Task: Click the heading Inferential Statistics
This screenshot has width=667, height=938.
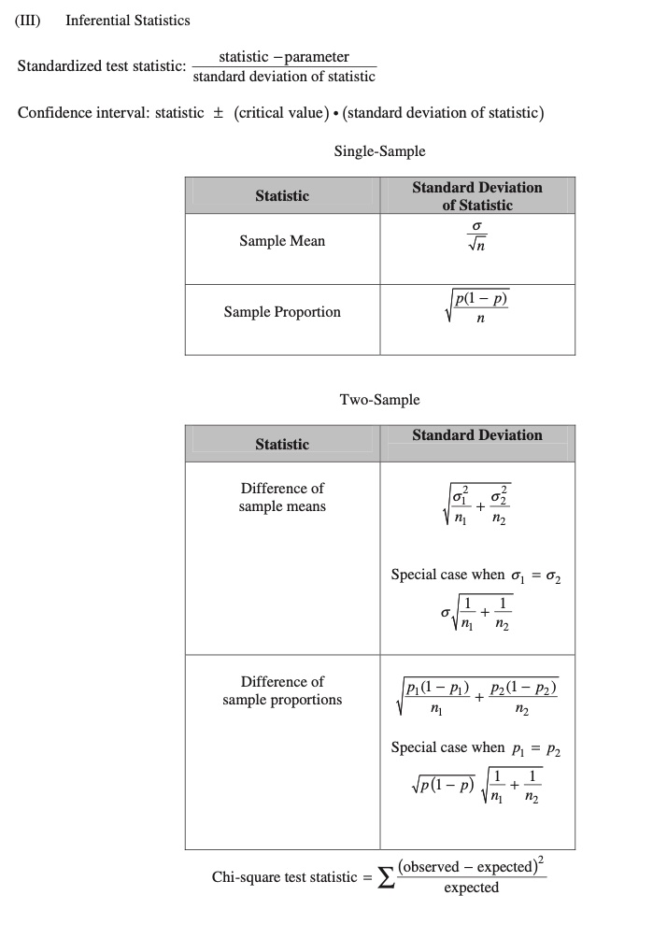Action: tap(128, 20)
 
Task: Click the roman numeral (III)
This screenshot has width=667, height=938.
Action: tap(29, 20)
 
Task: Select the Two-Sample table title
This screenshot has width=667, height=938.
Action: tap(379, 400)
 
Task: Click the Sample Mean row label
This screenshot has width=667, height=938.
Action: tap(282, 241)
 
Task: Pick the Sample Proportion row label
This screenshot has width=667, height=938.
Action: tap(282, 312)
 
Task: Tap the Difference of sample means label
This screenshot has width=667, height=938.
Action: tap(282, 497)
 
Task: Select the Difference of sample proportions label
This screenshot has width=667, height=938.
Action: tap(282, 690)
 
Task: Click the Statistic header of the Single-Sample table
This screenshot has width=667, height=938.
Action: tap(282, 195)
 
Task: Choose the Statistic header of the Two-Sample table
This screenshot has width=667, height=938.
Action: tap(282, 444)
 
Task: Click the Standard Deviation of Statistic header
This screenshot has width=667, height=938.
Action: tap(477, 195)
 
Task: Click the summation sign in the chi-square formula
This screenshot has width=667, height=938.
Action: tap(386, 878)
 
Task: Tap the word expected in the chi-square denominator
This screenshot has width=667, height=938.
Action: tap(471, 888)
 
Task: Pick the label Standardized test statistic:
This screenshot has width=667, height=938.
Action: tap(102, 67)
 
